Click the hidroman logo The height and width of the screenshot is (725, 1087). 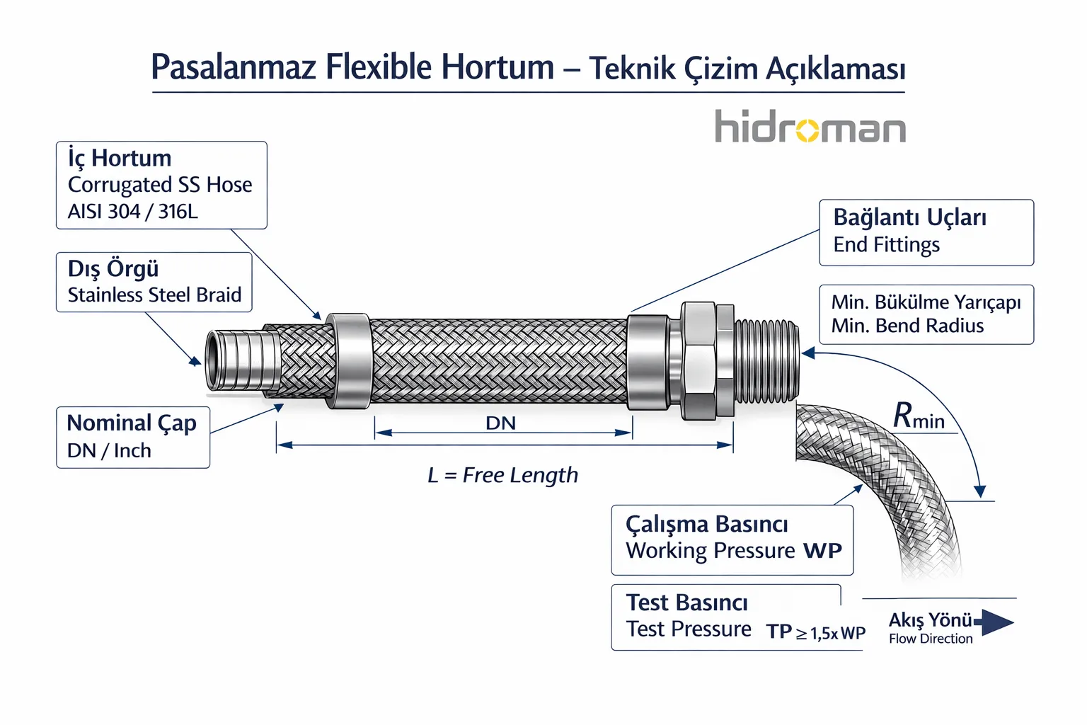coord(810,127)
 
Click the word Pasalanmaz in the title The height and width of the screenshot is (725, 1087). coord(233,68)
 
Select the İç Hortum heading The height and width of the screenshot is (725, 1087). coord(120,158)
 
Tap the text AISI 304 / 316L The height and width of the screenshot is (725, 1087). coord(132,211)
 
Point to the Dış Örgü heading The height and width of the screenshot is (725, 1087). coord(113,269)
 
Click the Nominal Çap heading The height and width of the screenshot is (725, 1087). coord(131,423)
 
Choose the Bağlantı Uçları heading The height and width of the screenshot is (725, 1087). coord(909,217)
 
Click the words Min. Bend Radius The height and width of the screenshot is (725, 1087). coord(907,326)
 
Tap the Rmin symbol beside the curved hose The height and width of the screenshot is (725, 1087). coord(918,416)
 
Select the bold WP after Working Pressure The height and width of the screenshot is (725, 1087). coord(822,551)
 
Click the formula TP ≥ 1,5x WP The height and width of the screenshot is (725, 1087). coord(815,632)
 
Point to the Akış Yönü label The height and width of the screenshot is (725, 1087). coord(930,620)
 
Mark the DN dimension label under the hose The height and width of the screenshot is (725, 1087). coord(500,423)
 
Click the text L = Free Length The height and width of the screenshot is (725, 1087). coord(502,475)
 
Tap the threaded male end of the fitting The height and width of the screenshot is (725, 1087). coord(767,361)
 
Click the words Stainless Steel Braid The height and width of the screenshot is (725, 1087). coord(154,295)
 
